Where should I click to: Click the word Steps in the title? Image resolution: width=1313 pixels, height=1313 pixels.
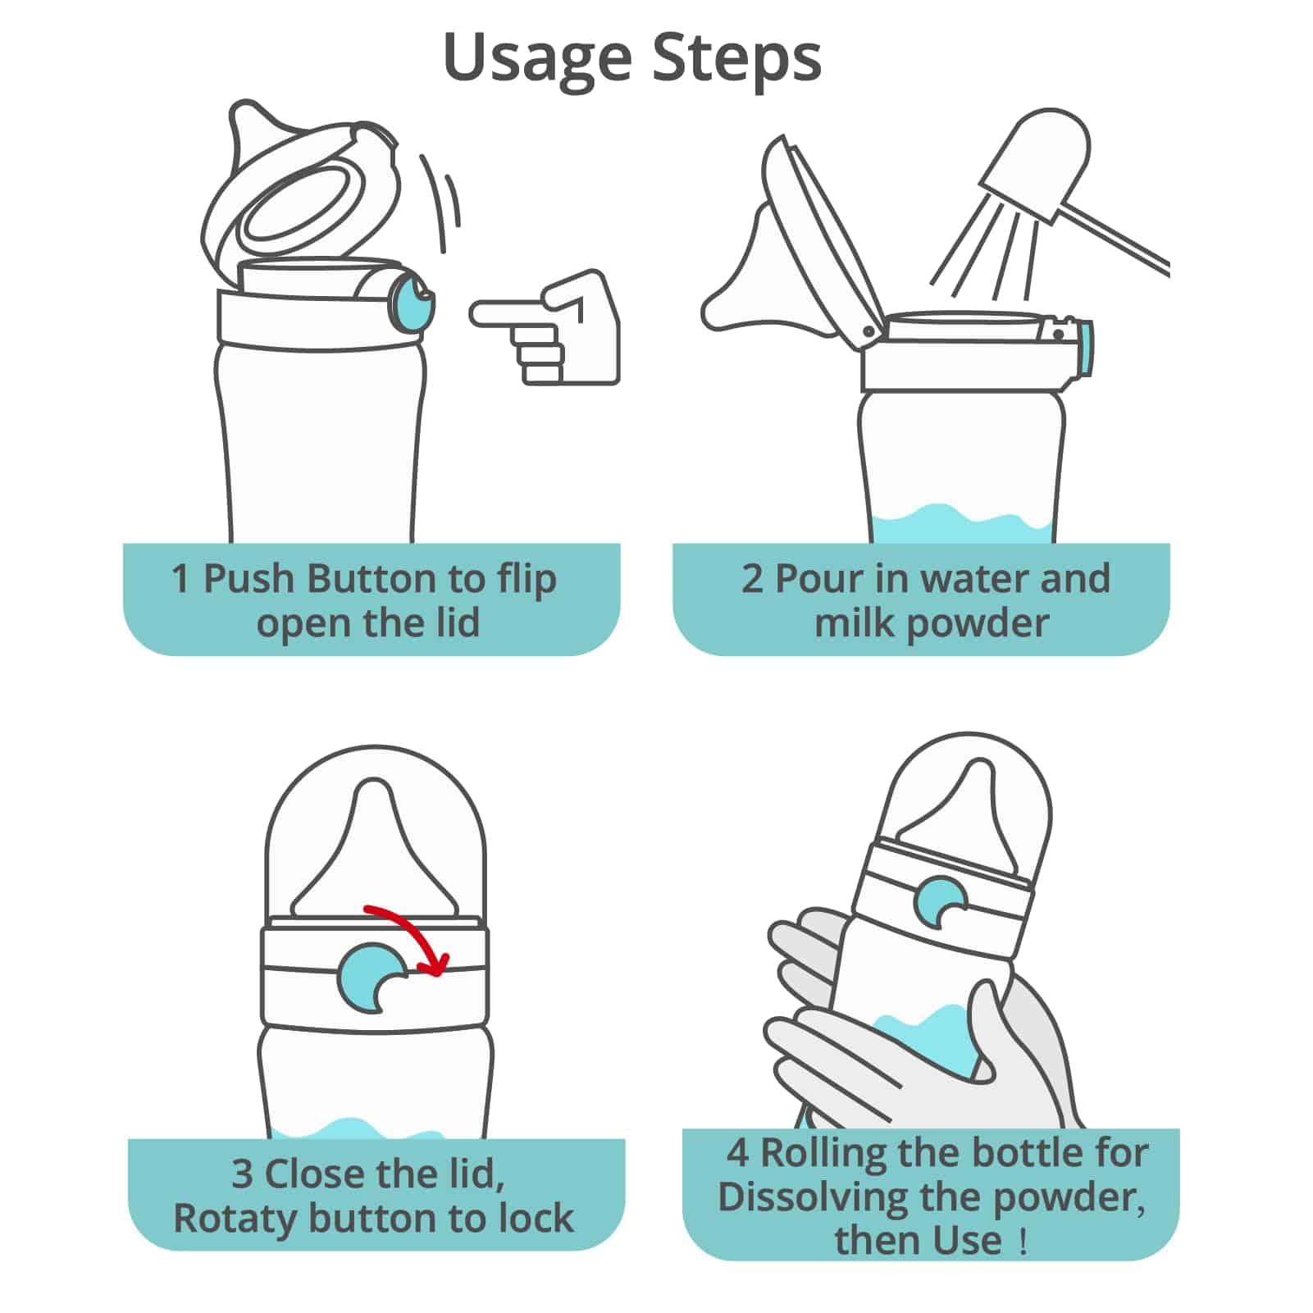click(x=737, y=57)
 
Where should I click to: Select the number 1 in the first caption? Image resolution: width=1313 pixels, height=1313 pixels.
click(x=180, y=580)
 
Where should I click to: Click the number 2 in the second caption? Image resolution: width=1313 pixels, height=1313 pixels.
click(x=752, y=580)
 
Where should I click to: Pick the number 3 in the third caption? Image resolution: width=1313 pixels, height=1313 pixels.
click(x=242, y=1174)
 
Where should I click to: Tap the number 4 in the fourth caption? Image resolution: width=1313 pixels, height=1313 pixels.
click(x=738, y=1153)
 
